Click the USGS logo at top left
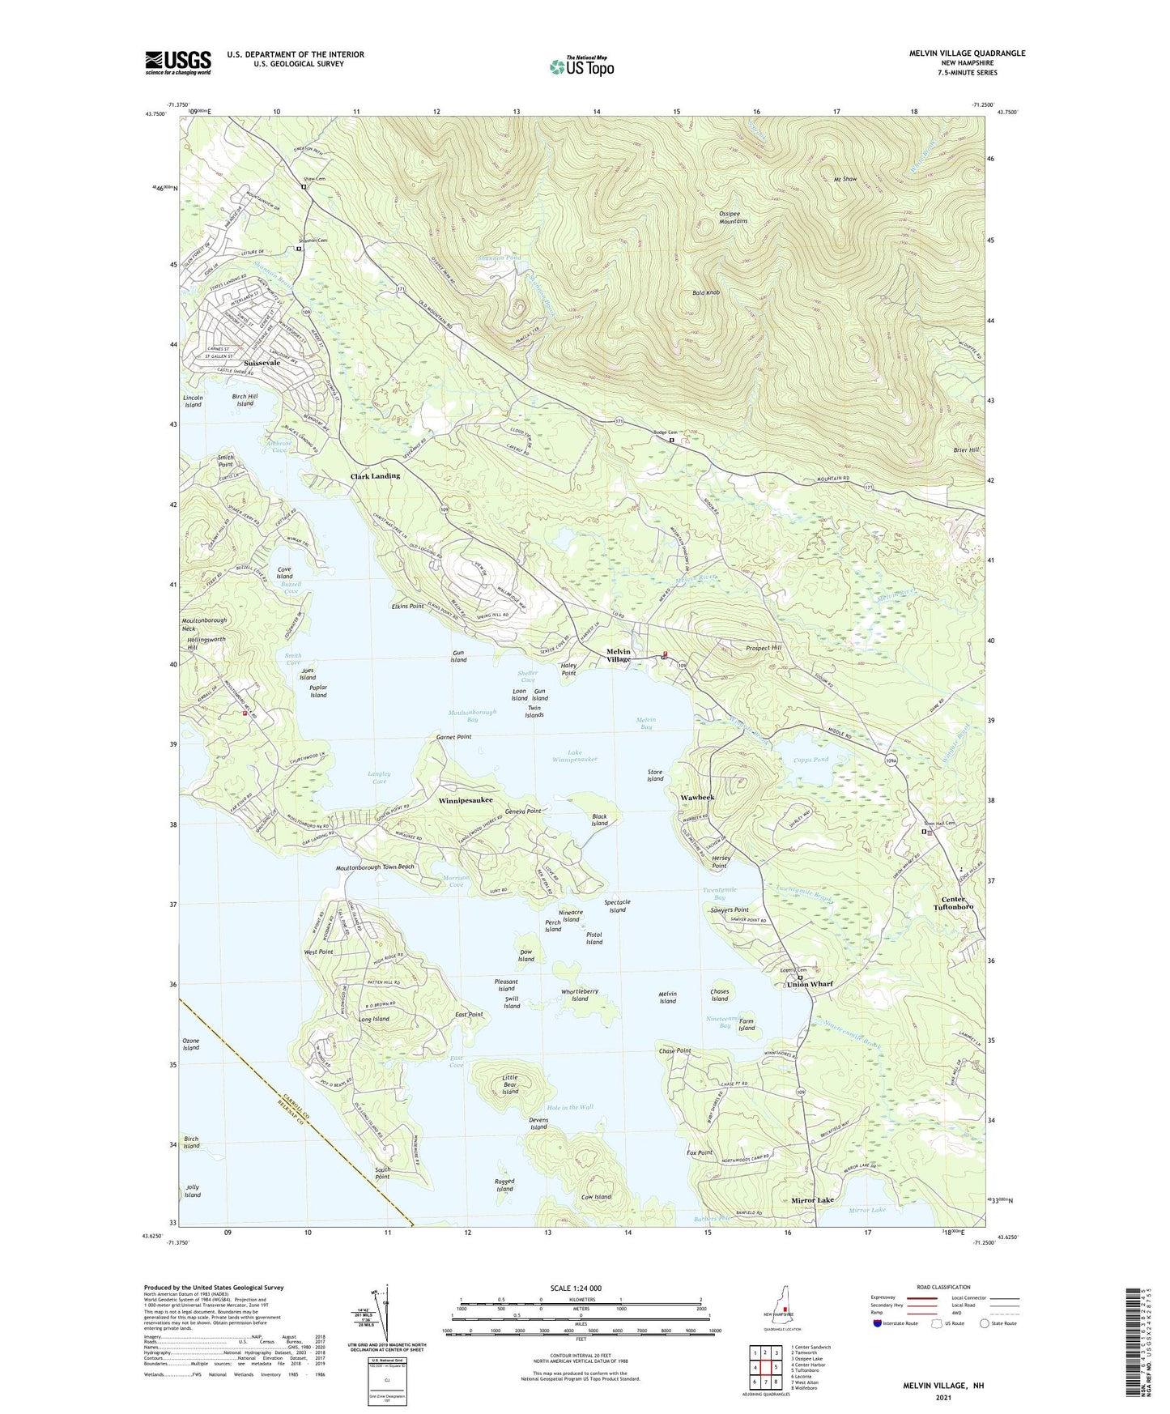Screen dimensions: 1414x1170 178,62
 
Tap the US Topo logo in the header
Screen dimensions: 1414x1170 581,66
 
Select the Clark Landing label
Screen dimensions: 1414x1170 375,476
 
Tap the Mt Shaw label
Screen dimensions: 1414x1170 845,179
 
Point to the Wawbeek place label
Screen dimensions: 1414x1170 697,798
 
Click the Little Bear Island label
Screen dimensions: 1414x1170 509,1084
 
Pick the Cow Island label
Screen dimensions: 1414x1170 596,1197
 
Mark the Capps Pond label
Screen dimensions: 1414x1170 811,760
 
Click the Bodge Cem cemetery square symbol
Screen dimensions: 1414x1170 672,441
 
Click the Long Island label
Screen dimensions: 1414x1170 374,1019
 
